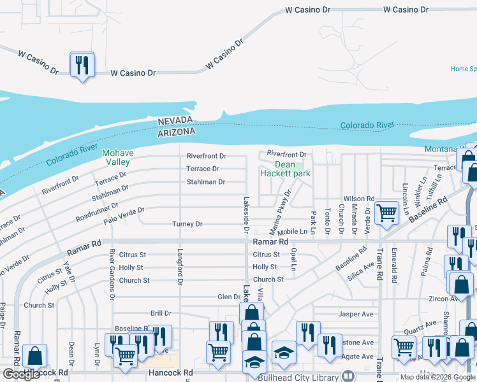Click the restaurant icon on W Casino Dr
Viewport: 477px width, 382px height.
pyautogui.click(x=82, y=65)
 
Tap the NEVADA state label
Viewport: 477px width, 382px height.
pyautogui.click(x=175, y=121)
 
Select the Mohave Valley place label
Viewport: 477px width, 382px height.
pyautogui.click(x=116, y=157)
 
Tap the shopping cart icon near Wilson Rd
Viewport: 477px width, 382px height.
pyautogui.click(x=386, y=214)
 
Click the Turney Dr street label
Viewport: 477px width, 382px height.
pyautogui.click(x=187, y=224)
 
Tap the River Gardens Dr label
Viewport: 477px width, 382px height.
pyautogui.click(x=112, y=274)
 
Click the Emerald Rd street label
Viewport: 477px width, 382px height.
pyautogui.click(x=395, y=265)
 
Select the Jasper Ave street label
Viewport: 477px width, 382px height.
pyautogui.click(x=356, y=314)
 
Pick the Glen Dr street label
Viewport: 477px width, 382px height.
pyautogui.click(x=228, y=297)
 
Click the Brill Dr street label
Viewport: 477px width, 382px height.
pyautogui.click(x=161, y=313)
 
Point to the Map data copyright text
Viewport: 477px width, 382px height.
pyautogui.click(x=436, y=377)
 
